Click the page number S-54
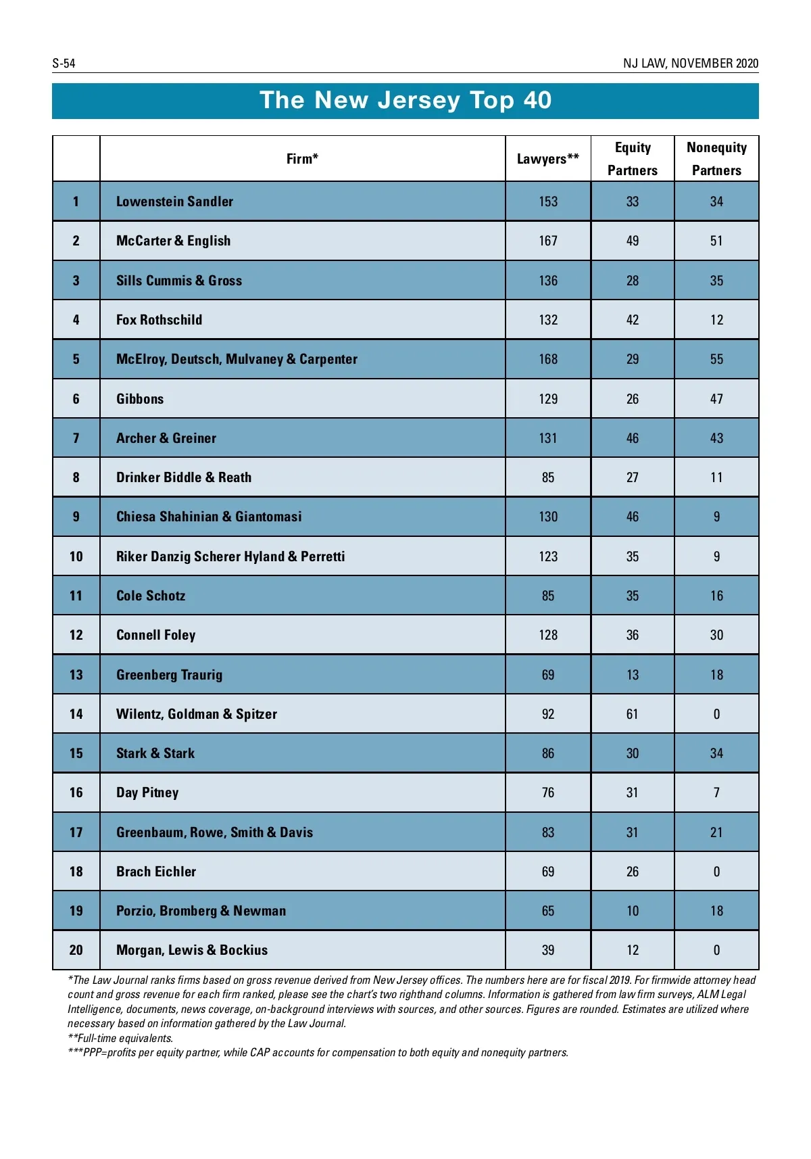click(64, 64)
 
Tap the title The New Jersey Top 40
click(405, 100)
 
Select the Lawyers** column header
click(547, 159)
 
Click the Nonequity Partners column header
click(716, 159)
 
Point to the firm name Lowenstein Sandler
click(174, 202)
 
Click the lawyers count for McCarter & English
click(548, 241)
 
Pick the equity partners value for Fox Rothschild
click(632, 320)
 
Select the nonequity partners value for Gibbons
click(716, 399)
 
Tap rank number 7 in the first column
click(76, 438)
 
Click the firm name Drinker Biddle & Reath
click(184, 477)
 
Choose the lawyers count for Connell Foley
click(548, 635)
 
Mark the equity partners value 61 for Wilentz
click(632, 714)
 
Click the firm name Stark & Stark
click(155, 753)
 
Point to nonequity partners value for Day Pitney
click(716, 793)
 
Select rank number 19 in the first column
click(76, 911)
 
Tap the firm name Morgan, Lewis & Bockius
click(192, 950)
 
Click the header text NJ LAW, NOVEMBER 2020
click(690, 64)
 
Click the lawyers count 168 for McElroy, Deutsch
click(548, 359)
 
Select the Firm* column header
click(302, 159)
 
